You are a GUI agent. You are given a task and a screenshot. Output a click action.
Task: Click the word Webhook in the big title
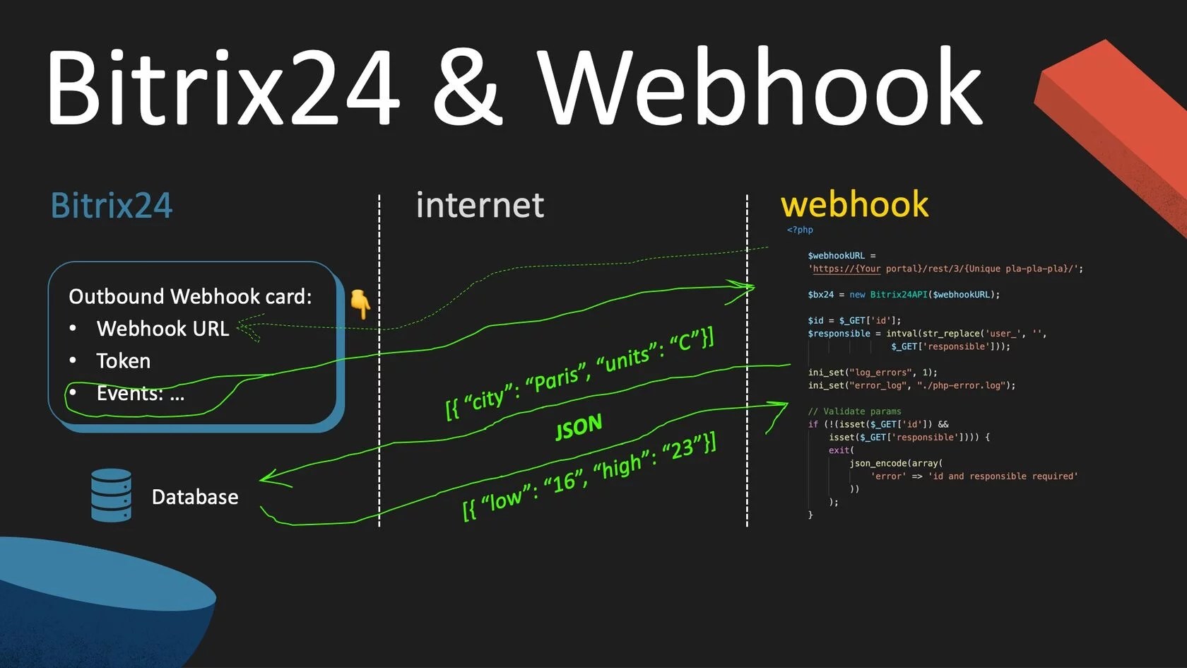coord(760,87)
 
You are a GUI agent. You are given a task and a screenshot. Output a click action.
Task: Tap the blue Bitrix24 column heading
coord(112,206)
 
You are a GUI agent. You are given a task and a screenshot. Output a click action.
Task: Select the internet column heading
coord(480,206)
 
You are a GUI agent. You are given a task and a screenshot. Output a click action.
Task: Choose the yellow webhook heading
coord(854,204)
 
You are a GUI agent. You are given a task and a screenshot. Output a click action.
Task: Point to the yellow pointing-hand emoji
coord(360,303)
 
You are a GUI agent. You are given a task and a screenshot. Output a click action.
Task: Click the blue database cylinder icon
coord(111,496)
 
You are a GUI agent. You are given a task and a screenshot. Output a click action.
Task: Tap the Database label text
coord(195,497)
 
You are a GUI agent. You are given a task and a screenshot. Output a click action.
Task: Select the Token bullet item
coord(123,361)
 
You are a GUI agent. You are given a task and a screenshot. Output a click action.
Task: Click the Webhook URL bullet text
coord(163,329)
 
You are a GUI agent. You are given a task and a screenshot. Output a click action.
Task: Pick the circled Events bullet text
coord(140,394)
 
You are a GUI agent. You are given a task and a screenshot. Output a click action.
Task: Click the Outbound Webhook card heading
coord(190,296)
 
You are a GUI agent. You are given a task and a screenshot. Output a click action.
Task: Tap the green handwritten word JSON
coord(579,426)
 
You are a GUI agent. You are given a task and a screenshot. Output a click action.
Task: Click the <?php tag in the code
coord(800,230)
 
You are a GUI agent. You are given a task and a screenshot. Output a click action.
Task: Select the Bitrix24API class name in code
coord(898,295)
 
